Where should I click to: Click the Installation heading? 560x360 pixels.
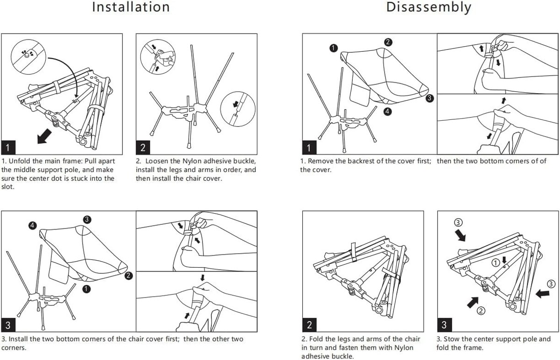pyautogui.click(x=131, y=7)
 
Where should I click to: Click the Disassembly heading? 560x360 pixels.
pyautogui.click(x=428, y=7)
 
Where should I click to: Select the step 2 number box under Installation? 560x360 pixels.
pyautogui.click(x=143, y=147)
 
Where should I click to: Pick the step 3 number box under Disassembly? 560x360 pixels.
pyautogui.click(x=444, y=324)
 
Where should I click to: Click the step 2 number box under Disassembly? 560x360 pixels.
pyautogui.click(x=309, y=324)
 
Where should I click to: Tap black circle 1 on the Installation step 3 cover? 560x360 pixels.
pyautogui.click(x=86, y=289)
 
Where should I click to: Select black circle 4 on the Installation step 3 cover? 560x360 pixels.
pyautogui.click(x=32, y=225)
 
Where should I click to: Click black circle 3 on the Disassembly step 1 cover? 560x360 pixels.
pyautogui.click(x=430, y=98)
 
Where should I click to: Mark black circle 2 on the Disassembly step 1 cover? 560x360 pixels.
pyautogui.click(x=388, y=42)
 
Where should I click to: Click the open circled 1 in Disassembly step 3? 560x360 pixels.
pyautogui.click(x=496, y=263)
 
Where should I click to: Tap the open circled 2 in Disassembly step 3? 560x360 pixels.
pyautogui.click(x=482, y=310)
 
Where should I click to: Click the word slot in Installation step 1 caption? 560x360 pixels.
pyautogui.click(x=8, y=187)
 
